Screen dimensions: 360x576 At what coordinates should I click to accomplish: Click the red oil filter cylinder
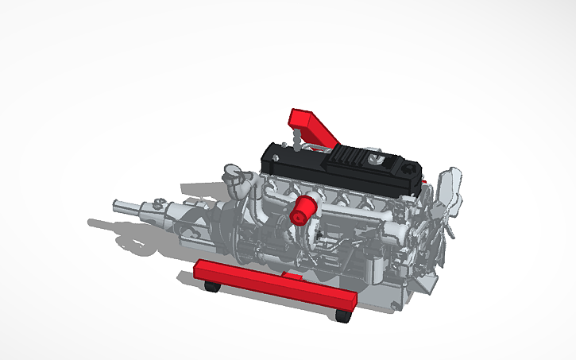click(303, 211)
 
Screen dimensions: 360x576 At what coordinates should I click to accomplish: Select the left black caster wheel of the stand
click(211, 285)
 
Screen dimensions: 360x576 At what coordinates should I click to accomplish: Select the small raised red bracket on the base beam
click(292, 277)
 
